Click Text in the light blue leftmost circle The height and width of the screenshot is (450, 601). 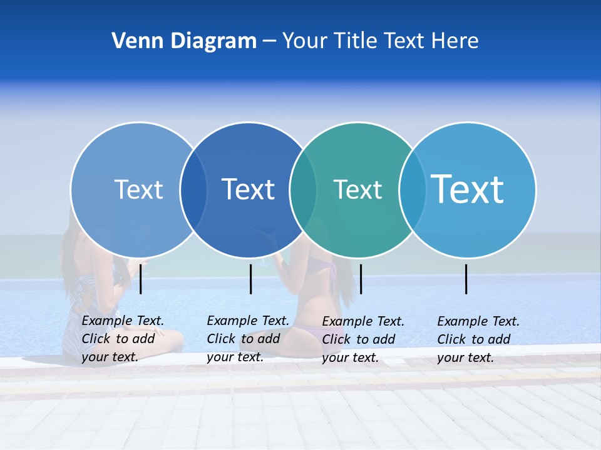138,189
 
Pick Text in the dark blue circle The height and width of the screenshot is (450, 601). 248,189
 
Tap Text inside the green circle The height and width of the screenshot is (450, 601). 357,189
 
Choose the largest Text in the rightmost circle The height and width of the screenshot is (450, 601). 467,189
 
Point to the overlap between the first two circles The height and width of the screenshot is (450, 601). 193,190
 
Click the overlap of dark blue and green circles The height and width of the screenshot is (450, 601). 303,190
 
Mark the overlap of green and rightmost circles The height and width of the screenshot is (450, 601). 413,190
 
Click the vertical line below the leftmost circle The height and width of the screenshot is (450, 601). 141,279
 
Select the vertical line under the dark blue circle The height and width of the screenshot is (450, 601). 250,279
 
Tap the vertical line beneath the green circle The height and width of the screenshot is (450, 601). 361,279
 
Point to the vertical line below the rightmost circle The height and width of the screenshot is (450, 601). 466,279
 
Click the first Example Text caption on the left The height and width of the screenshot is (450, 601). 122,339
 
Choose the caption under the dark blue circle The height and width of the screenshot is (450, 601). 247,339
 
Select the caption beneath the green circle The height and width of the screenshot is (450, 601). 362,339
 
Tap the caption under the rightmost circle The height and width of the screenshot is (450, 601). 478,339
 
